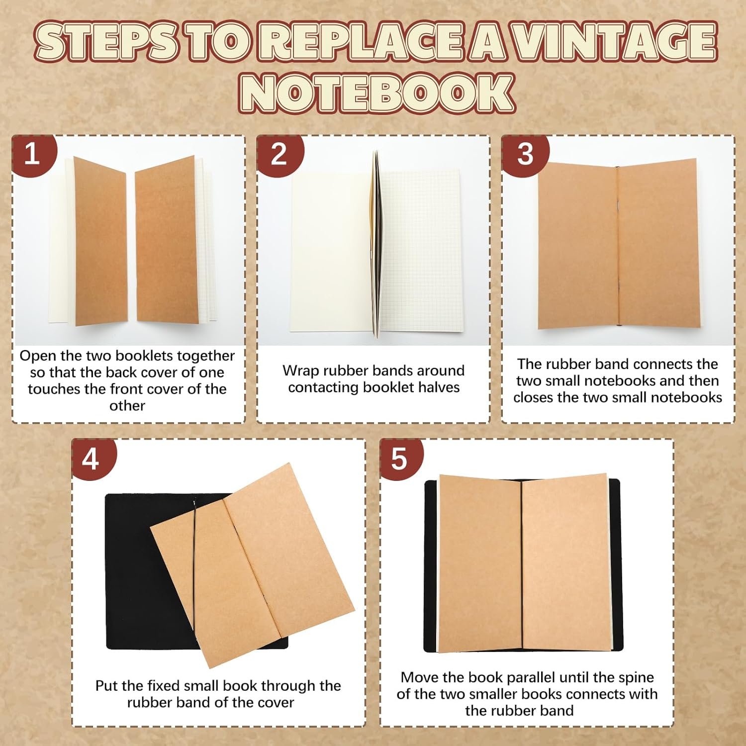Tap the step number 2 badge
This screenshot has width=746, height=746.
tap(280, 154)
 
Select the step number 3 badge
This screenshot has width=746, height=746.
tap(525, 154)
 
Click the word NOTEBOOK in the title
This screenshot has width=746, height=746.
tap(376, 93)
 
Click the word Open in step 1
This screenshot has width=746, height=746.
tap(36, 356)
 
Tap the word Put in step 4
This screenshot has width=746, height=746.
tap(107, 686)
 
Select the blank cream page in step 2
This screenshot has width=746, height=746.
tap(331, 251)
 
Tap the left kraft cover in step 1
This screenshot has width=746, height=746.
tap(100, 241)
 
